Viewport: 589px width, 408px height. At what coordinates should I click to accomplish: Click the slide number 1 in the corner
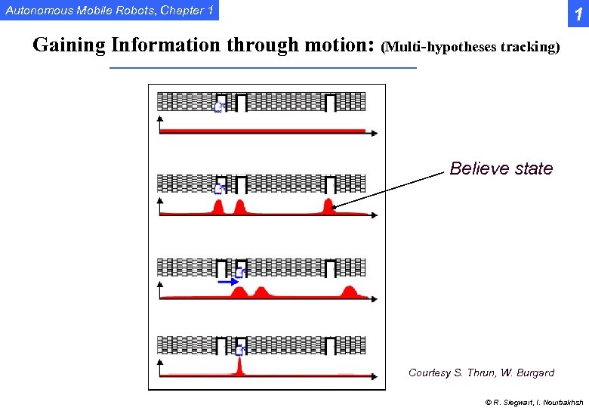(578, 14)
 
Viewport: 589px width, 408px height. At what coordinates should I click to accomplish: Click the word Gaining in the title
(69, 45)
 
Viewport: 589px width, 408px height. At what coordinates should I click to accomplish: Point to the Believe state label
(501, 168)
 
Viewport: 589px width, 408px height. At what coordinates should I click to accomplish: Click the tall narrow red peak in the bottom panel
(239, 366)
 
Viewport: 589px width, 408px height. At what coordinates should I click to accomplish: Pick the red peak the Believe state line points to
(328, 206)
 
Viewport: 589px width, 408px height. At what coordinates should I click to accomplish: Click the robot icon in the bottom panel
(239, 350)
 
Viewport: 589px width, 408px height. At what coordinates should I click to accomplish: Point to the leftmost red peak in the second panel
(218, 207)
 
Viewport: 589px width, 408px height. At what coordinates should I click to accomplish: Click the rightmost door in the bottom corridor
(330, 346)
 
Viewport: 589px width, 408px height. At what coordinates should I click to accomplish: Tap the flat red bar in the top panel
(264, 131)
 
